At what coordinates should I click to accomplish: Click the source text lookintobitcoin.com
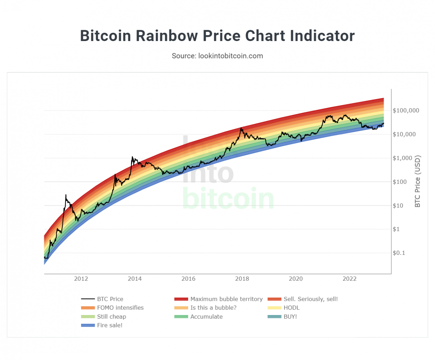[x=230, y=56]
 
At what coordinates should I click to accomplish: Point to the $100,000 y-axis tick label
[x=406, y=111]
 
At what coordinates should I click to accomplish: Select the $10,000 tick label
[x=404, y=134]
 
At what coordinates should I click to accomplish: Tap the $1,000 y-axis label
[x=402, y=158]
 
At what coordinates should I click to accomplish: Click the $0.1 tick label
[x=399, y=253]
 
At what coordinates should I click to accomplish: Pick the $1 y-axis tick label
[x=396, y=229]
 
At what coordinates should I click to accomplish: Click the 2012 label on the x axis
[x=81, y=279]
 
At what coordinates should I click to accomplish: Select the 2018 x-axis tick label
[x=242, y=279]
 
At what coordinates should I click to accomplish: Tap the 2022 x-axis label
[x=350, y=279]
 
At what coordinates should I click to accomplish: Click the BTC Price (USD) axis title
[x=418, y=181]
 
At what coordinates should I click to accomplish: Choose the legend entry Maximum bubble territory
[x=226, y=299]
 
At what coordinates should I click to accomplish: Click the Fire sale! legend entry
[x=110, y=325]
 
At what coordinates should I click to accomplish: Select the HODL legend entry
[x=291, y=308]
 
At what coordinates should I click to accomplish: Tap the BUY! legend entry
[x=290, y=317]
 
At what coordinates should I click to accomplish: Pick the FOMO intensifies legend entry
[x=120, y=308]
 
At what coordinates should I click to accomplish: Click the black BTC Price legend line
[x=88, y=299]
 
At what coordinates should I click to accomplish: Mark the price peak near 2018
[x=241, y=128]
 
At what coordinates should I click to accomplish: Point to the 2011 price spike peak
[x=66, y=195]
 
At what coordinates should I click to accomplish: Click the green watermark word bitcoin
[x=228, y=199]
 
